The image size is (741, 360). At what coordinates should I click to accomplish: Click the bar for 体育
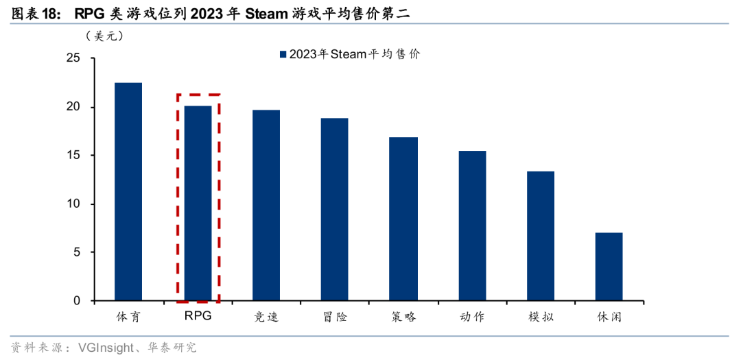128,192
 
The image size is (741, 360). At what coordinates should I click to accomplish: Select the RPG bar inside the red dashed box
198,203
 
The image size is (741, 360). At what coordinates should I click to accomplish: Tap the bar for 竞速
266,205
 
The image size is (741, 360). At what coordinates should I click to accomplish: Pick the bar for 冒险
334,209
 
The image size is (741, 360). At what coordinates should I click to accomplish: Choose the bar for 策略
403,219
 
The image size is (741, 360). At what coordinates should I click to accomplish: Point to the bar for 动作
472,226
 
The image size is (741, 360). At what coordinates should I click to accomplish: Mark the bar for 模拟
541,236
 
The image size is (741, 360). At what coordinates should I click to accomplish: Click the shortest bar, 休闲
609,267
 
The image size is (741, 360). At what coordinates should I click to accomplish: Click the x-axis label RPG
198,317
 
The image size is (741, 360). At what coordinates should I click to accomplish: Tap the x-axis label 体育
128,317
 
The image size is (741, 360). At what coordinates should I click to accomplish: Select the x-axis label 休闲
609,317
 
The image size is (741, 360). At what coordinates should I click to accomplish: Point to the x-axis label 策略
403,317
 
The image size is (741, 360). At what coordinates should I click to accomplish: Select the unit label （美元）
104,36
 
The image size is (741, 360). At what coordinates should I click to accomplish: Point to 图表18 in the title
30,13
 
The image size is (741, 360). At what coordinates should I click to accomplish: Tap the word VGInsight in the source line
104,348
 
